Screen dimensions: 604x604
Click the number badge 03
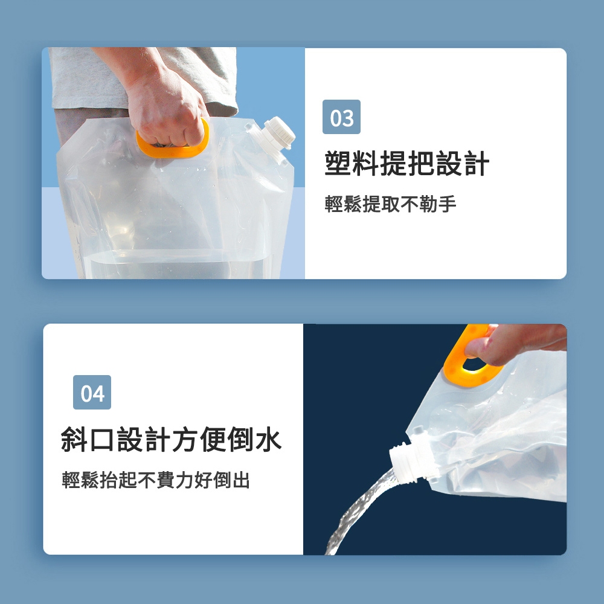(341, 117)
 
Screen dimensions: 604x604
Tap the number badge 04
(92, 392)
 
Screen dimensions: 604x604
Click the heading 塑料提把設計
(406, 163)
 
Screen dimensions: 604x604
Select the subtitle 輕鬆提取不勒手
(390, 204)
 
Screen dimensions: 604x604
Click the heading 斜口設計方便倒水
(171, 439)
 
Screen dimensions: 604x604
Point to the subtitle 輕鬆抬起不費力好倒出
(156, 480)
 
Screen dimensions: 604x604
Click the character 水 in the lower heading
(269, 439)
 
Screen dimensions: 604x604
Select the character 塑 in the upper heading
(338, 163)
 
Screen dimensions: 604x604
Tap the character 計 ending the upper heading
(476, 163)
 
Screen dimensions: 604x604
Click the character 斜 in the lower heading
(74, 439)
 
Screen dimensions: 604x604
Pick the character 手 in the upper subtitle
(447, 204)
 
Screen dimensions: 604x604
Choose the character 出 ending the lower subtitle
(241, 480)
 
